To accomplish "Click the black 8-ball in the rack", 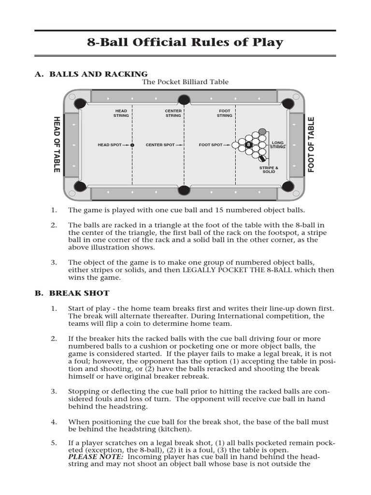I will point(249,145).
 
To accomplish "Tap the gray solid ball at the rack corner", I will point(262,131).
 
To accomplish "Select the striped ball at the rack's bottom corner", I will point(262,158).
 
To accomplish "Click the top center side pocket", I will point(184,101).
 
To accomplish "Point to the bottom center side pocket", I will point(184,189).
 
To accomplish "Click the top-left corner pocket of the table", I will point(80,103).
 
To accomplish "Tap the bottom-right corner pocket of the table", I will point(288,186).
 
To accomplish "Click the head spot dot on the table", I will point(132,145).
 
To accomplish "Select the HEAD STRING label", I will point(121,113).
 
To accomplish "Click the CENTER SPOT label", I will point(160,145).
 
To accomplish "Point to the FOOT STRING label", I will point(225,113).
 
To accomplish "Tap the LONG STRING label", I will point(278,145).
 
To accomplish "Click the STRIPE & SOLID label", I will point(269,170).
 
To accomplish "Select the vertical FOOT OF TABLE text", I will point(311,145).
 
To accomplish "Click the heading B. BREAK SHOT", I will point(72,293).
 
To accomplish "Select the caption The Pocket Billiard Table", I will point(185,82).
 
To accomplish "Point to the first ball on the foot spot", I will point(235,145).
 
